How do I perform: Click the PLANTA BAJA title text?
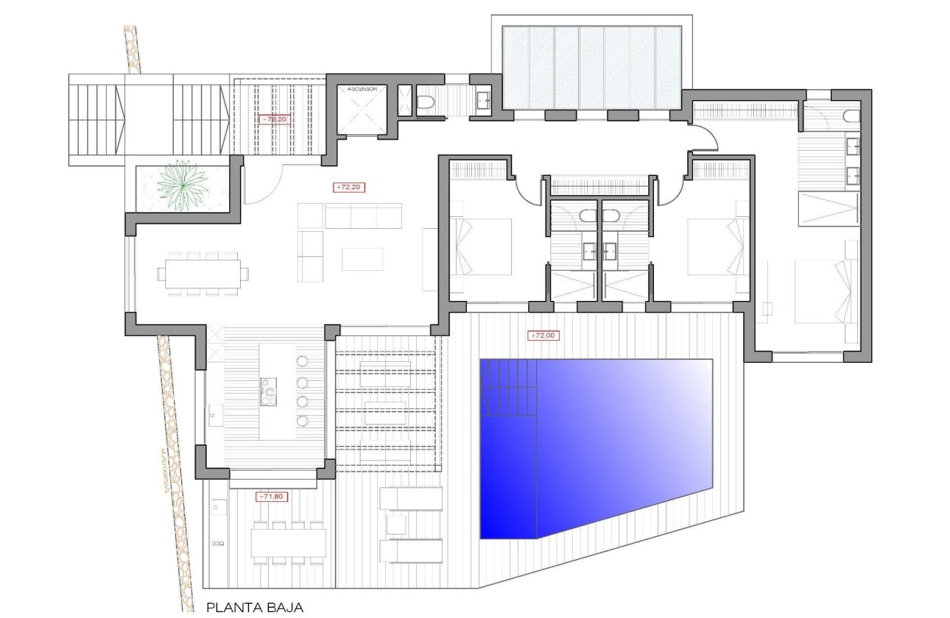click(x=254, y=608)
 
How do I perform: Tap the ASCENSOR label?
click(x=360, y=89)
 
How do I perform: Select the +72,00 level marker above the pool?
click(x=543, y=335)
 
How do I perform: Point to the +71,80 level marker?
click(x=271, y=497)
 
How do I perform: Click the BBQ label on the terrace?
click(x=217, y=544)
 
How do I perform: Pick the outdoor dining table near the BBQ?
click(x=288, y=543)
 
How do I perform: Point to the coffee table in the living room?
click(x=362, y=259)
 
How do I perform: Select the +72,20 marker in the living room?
click(x=350, y=188)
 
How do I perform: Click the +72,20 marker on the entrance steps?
click(x=273, y=119)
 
